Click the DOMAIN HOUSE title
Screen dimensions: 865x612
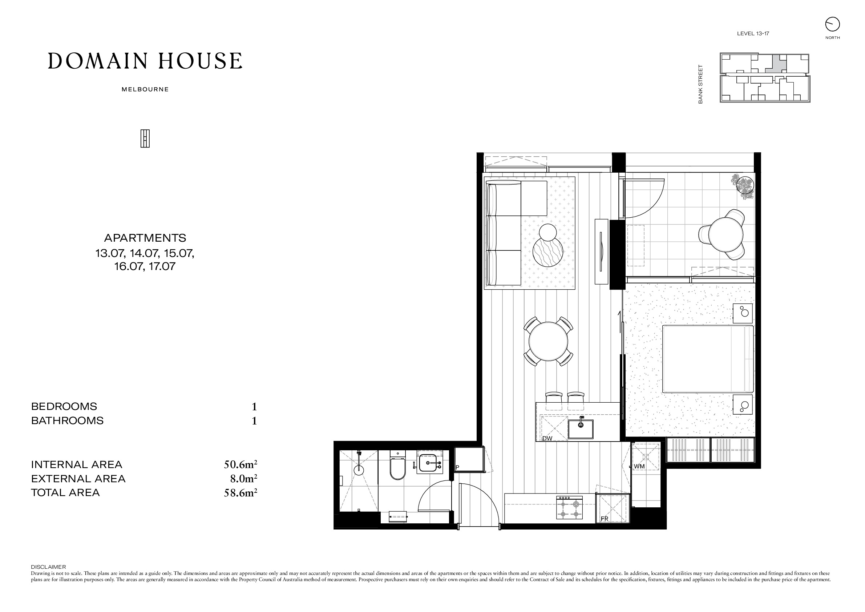(x=145, y=61)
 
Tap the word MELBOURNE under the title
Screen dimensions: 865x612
(x=145, y=90)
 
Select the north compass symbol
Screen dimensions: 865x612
(x=832, y=24)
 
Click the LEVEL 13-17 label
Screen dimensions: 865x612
(x=753, y=33)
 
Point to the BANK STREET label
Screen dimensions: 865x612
(x=700, y=84)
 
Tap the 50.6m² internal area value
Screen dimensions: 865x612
(x=240, y=464)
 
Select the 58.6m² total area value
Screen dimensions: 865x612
(x=240, y=492)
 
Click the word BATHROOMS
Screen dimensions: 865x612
(x=67, y=420)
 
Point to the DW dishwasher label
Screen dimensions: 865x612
(x=547, y=438)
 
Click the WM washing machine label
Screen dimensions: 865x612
(x=639, y=466)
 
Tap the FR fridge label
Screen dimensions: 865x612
(x=604, y=519)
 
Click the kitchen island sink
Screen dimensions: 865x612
(x=581, y=429)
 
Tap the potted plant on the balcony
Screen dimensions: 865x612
(x=743, y=186)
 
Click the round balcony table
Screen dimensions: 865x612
(x=725, y=234)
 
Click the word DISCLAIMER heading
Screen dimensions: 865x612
(x=48, y=567)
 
